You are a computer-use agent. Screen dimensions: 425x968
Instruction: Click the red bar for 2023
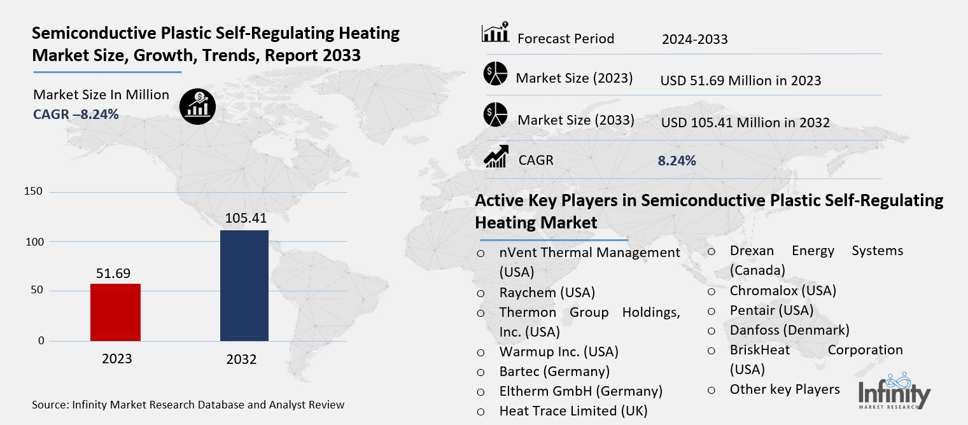116,312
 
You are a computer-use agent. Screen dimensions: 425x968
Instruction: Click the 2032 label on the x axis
241,359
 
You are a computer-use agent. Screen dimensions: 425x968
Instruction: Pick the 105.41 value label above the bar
245,218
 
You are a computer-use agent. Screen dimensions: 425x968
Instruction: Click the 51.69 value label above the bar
113,273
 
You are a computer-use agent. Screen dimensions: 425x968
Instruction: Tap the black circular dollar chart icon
197,106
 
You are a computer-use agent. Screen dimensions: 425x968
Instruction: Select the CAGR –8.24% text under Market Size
76,114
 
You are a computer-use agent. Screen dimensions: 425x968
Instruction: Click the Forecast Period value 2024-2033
694,39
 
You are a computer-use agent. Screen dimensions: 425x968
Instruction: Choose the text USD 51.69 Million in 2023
741,81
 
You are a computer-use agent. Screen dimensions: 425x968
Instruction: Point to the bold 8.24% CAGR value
677,161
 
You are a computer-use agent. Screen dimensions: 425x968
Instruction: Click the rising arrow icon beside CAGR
495,157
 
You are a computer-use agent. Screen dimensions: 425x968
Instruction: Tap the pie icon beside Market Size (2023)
495,74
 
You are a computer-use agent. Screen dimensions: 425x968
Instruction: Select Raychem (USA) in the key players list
547,293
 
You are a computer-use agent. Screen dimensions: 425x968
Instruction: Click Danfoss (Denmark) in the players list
789,330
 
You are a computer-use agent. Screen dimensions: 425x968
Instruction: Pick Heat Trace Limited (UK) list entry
573,410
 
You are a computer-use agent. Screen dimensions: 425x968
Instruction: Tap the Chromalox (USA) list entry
783,290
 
